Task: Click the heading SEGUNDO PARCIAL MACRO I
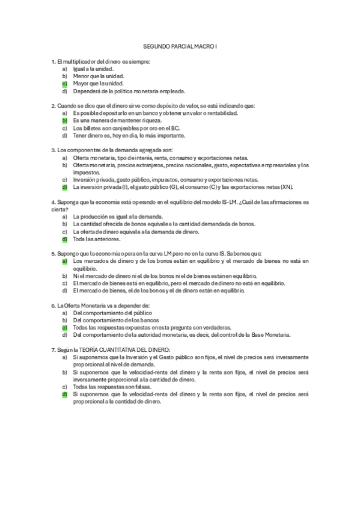[x=180, y=46]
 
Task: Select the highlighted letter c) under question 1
[x=64, y=84]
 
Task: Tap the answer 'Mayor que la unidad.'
[x=99, y=84]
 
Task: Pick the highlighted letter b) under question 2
[x=64, y=120]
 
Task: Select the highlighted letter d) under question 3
[x=64, y=186]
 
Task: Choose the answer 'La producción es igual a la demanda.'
[x=117, y=216]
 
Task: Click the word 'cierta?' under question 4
[x=59, y=208]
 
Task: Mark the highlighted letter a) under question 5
[x=64, y=261]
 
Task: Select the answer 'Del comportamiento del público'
[x=112, y=313]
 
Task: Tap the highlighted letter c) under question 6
[x=64, y=328]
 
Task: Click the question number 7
[x=53, y=349]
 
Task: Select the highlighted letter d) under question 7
[x=64, y=395]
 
